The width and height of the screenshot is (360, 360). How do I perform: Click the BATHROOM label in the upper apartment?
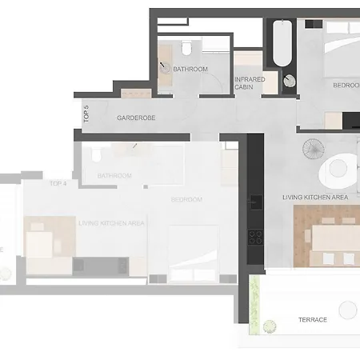(190, 70)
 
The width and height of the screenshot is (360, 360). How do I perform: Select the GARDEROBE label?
(136, 118)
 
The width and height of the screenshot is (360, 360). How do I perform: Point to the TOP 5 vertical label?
(86, 114)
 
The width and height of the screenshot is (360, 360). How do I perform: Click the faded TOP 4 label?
(58, 183)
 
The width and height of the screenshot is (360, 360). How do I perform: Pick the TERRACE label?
(312, 319)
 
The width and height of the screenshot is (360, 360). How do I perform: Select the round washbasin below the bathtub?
(289, 81)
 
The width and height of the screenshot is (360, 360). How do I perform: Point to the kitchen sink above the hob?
(256, 200)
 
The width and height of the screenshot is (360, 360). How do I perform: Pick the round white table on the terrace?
(349, 310)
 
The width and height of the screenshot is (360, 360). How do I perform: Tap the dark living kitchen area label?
(314, 197)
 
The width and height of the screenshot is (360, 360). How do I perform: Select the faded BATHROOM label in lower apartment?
(114, 175)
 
